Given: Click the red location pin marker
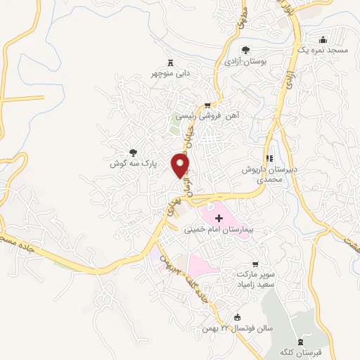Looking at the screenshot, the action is click(x=181, y=165).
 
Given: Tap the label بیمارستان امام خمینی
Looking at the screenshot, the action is click(x=217, y=229).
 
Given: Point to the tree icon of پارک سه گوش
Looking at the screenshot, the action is click(x=132, y=152).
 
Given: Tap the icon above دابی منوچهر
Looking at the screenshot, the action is click(x=169, y=62).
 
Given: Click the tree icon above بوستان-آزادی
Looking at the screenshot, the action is click(x=245, y=49).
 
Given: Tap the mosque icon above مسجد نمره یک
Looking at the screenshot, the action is click(x=323, y=39).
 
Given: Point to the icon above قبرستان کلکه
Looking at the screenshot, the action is click(x=304, y=340).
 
